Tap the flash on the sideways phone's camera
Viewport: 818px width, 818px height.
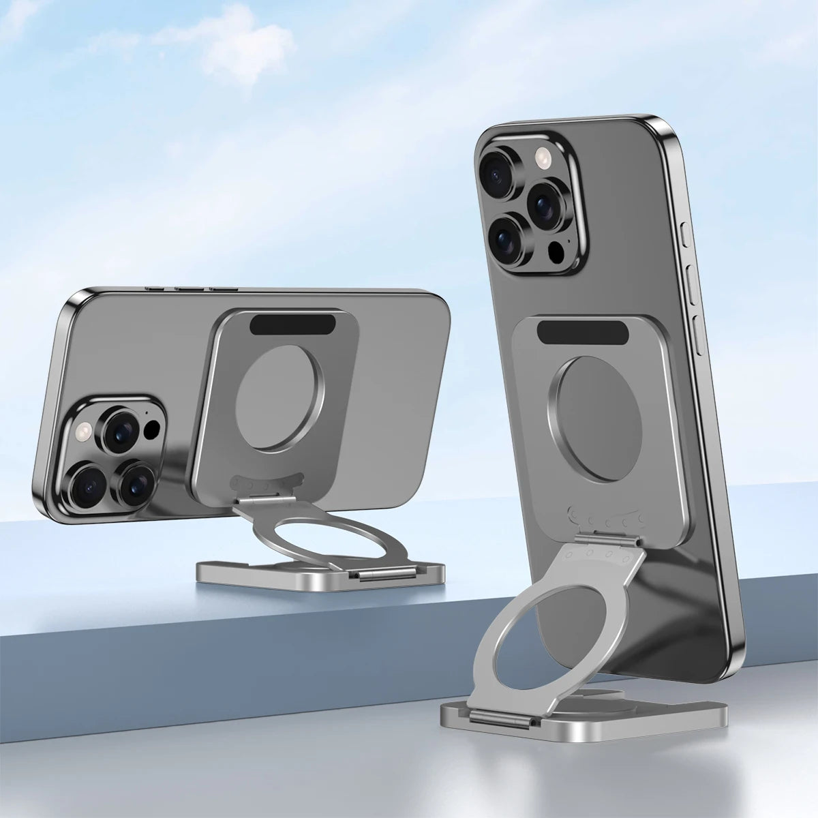pos(85,431)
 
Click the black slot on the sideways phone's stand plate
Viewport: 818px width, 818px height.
pos(293,324)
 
